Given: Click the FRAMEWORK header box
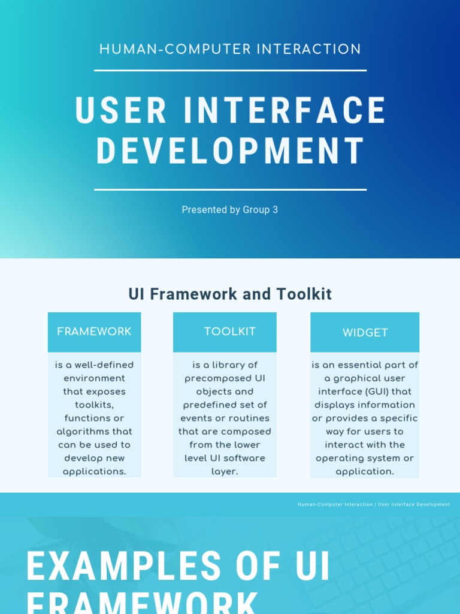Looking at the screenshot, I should pyautogui.click(x=94, y=332).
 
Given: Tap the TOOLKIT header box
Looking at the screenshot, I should pyautogui.click(x=225, y=332).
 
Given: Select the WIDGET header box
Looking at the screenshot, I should pyautogui.click(x=365, y=332).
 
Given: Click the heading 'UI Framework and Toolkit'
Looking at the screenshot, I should pyautogui.click(x=230, y=294).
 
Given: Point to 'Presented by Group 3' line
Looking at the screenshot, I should pyautogui.click(x=230, y=210).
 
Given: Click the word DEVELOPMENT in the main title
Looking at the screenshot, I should pyautogui.click(x=231, y=151).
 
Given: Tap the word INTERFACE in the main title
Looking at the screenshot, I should pyautogui.click(x=285, y=110).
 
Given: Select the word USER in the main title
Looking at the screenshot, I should pyautogui.click(x=121, y=110).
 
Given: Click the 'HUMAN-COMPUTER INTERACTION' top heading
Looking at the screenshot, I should pyautogui.click(x=230, y=49).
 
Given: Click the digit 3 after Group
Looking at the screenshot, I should pyautogui.click(x=275, y=210).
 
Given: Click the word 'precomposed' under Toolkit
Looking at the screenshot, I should pyautogui.click(x=216, y=378).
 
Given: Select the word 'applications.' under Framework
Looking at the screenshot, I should pyautogui.click(x=95, y=471).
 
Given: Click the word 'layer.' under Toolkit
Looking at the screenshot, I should pyautogui.click(x=225, y=471).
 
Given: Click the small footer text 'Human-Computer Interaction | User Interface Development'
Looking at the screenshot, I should pyautogui.click(x=374, y=504).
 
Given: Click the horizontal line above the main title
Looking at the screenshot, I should pyautogui.click(x=230, y=70).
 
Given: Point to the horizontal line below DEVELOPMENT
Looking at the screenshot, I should pyautogui.click(x=230, y=189).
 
